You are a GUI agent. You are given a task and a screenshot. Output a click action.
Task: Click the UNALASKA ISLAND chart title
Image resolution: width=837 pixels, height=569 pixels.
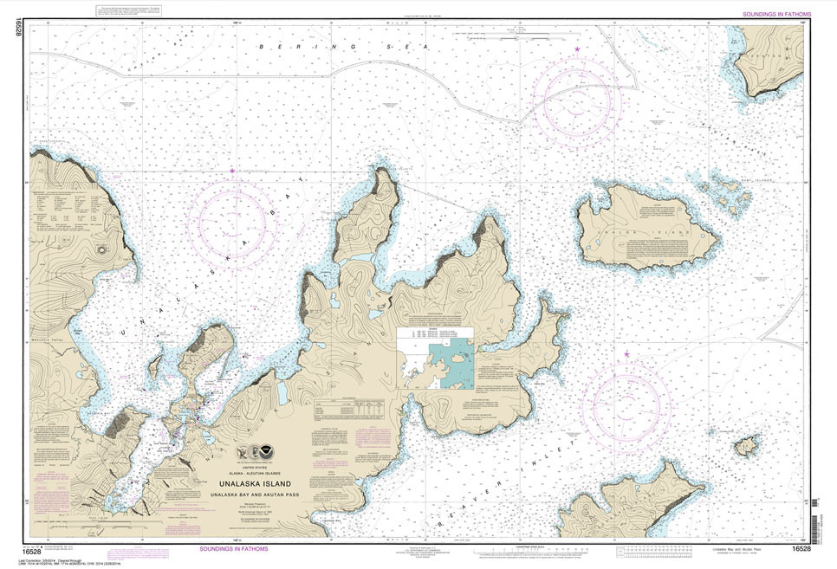(266, 484)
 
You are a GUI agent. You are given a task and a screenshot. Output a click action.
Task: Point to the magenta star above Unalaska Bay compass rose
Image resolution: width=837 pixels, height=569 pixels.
(232, 171)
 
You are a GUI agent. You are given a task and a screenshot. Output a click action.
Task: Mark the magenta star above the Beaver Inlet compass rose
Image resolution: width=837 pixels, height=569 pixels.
(626, 353)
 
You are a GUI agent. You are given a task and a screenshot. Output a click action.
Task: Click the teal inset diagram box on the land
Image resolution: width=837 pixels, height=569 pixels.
(451, 364)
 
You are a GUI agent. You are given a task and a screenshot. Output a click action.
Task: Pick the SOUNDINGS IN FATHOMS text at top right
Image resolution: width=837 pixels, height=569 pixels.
(777, 14)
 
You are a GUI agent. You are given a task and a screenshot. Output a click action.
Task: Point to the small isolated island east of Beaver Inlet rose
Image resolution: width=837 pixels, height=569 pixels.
(745, 446)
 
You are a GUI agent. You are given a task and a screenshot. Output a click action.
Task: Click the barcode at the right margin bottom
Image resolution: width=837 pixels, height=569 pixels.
(815, 524)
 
